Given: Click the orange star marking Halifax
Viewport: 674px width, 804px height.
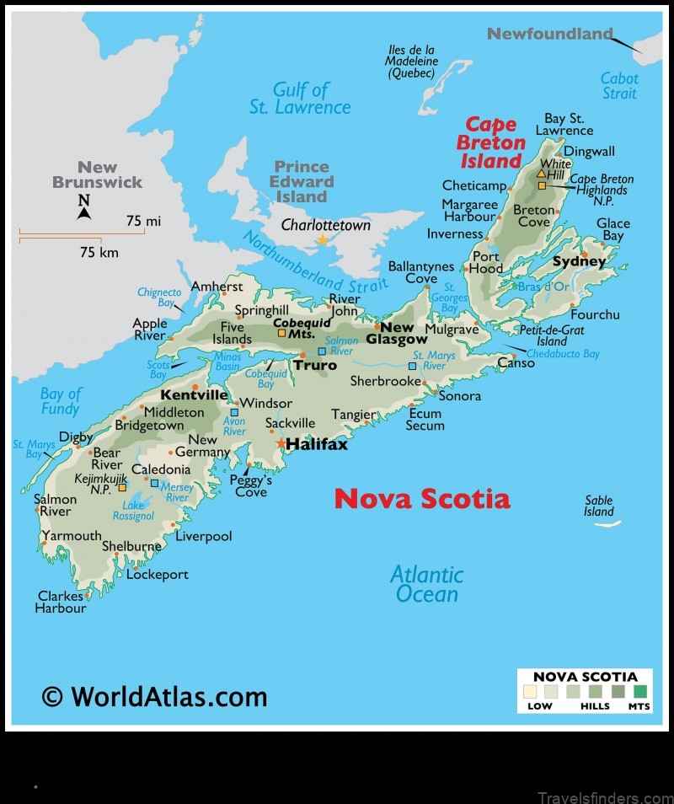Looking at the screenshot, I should click(x=281, y=443).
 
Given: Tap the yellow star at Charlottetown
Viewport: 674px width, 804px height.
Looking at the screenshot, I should click(x=322, y=240).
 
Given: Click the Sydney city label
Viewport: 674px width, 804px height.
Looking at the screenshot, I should click(x=579, y=262).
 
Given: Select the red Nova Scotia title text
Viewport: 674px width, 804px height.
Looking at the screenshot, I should click(x=421, y=499).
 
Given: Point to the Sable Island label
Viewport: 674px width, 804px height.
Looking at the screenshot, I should click(x=599, y=506).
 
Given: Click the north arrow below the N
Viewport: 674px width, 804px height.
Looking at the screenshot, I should click(x=83, y=213).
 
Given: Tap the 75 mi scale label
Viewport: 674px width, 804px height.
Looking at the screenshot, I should click(x=142, y=221).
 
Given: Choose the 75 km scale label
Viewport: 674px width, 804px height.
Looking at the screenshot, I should click(x=99, y=252).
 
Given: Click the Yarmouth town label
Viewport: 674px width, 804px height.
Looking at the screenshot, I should click(x=72, y=535).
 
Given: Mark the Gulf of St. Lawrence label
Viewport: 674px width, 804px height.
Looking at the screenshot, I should click(x=300, y=99).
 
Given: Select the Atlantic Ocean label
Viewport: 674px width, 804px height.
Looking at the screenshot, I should click(x=427, y=584).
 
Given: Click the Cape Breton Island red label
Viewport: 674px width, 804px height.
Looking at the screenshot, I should click(x=491, y=143).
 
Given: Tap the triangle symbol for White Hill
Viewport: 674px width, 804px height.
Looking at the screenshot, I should click(x=542, y=173).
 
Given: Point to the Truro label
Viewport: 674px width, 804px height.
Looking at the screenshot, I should click(x=314, y=365).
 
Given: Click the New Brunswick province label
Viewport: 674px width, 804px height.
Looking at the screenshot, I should click(x=98, y=174).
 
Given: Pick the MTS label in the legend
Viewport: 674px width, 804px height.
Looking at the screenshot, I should click(x=639, y=705).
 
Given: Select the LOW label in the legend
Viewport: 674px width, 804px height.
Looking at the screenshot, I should click(x=539, y=705).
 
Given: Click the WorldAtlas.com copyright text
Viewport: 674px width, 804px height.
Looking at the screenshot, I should click(x=154, y=696).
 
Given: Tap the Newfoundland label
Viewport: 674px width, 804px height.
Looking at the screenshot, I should click(x=550, y=35).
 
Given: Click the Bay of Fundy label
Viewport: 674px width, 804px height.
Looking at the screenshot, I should click(x=61, y=401).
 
